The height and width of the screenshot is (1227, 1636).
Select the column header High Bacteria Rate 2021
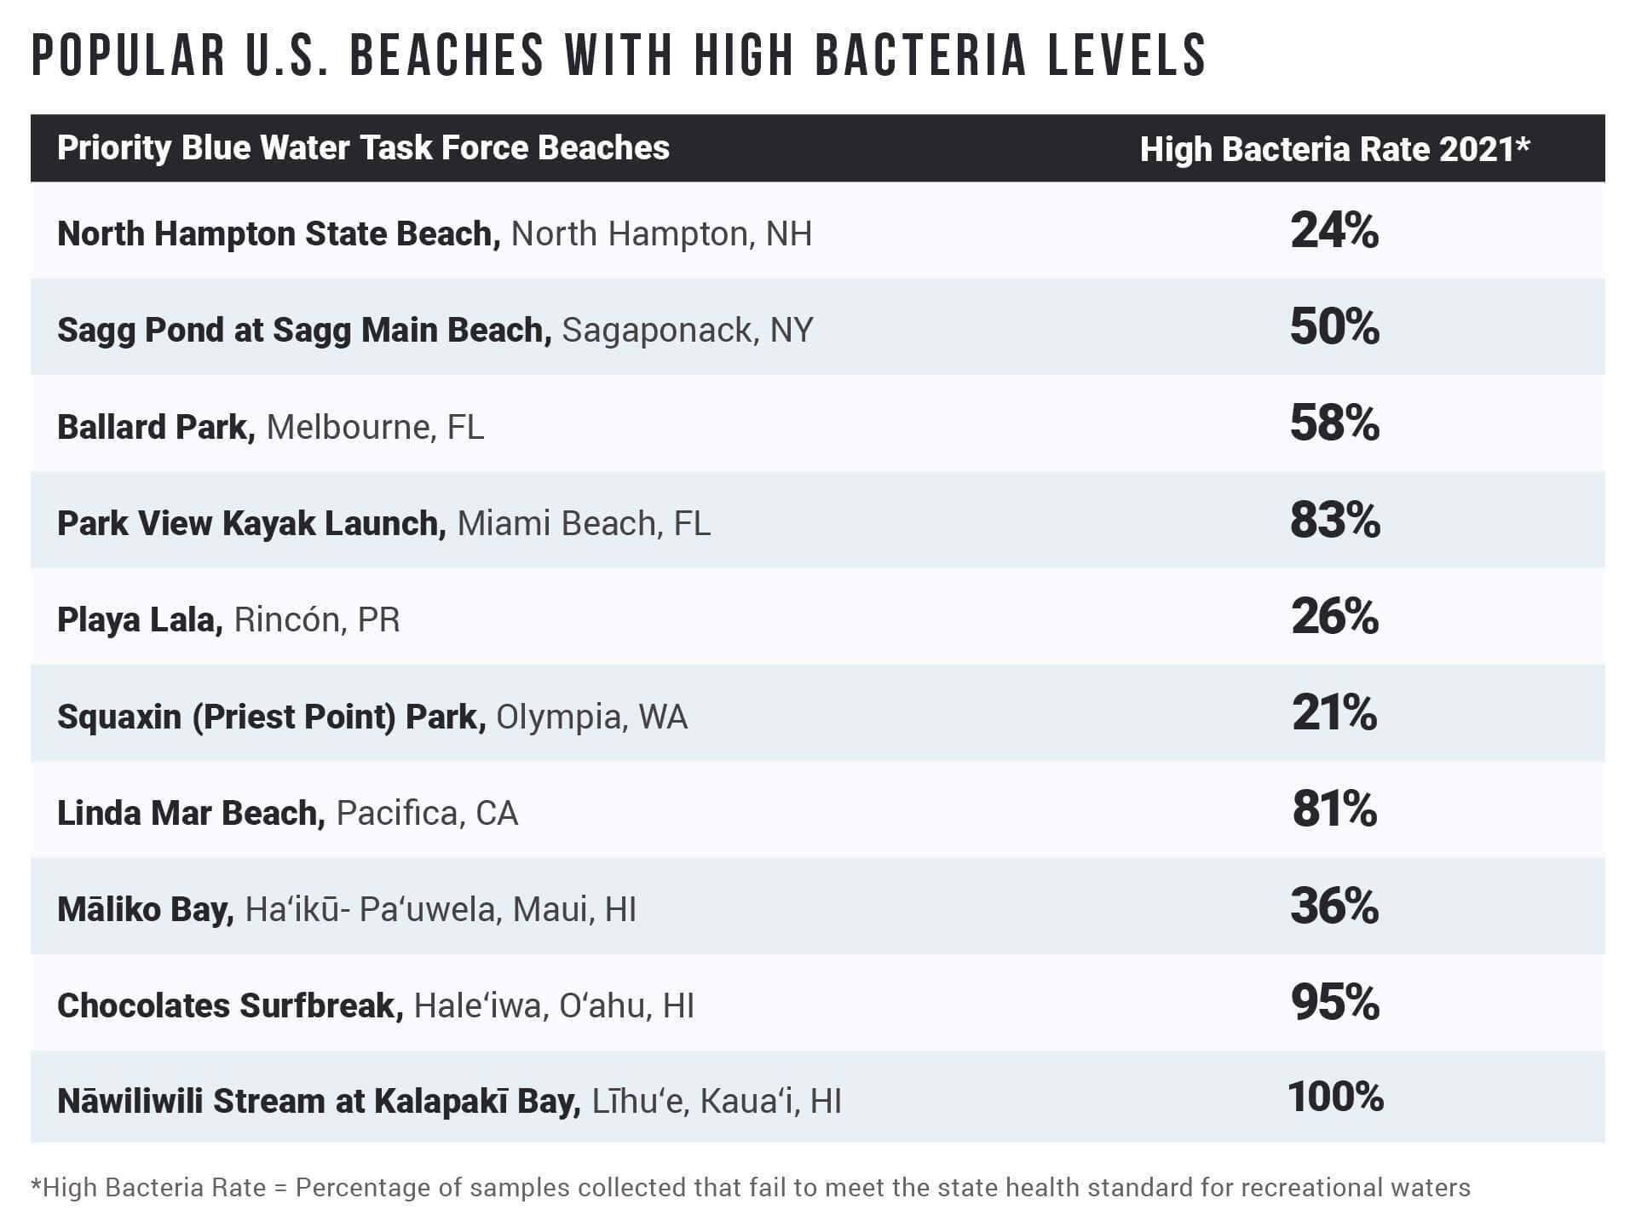pos(1334,149)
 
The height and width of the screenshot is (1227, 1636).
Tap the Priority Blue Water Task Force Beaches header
pos(363,148)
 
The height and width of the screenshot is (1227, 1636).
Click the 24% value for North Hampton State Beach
pos(1334,231)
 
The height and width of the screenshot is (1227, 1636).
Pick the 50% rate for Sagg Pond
pos(1334,327)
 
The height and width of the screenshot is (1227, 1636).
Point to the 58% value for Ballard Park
pos(1334,423)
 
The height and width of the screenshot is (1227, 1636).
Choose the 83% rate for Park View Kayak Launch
pos(1334,521)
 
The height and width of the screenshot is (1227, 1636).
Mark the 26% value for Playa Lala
pos(1334,617)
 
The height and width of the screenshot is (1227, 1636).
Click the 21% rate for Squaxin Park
pos(1334,713)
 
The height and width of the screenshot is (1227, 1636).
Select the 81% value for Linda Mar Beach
pos(1334,809)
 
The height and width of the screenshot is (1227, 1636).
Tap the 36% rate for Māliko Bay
pos(1334,906)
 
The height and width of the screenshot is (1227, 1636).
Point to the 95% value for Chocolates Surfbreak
pos(1334,1003)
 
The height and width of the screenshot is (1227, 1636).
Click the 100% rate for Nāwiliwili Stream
pos(1334,1097)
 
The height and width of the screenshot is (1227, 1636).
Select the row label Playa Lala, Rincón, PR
pos(228,619)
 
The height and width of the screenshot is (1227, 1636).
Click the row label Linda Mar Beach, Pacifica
pos(287,813)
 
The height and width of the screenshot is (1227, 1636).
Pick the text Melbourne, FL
pos(375,427)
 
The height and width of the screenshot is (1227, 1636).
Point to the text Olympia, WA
pos(591,717)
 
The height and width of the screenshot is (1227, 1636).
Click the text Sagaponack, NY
pos(688,331)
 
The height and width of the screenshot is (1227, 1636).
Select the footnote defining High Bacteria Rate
pos(750,1188)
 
